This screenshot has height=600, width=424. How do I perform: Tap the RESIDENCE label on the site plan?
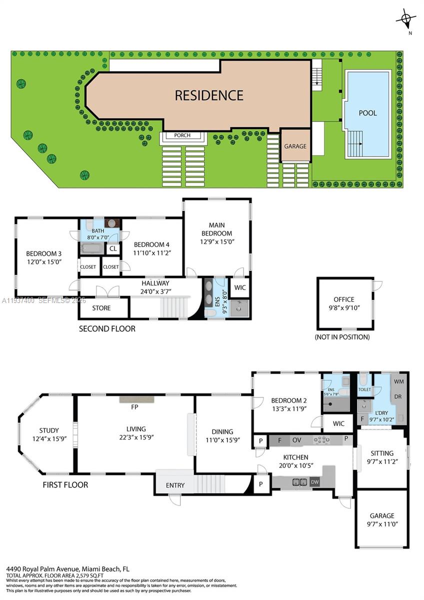(209, 95)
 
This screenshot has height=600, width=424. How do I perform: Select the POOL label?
(367, 113)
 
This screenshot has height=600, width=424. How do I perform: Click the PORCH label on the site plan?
(182, 135)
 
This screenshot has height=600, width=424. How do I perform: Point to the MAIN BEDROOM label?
(216, 229)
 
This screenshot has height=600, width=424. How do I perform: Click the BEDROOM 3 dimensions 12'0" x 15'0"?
(44, 261)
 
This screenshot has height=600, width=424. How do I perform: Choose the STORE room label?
(101, 308)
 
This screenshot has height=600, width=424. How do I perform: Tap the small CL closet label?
(113, 248)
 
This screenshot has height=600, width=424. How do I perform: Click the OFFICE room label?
(344, 299)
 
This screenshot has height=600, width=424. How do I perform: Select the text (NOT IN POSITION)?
(342, 337)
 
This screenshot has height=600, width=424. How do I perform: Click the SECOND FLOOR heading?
(107, 329)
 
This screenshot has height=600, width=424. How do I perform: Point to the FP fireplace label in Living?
(134, 407)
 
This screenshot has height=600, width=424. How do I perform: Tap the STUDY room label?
(49, 430)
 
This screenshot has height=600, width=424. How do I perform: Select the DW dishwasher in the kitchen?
(314, 482)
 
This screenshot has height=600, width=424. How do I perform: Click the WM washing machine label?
(399, 381)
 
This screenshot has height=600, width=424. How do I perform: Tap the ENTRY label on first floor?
(175, 485)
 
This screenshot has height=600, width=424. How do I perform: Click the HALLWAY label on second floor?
(154, 283)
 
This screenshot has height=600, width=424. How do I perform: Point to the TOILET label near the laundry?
(364, 389)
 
